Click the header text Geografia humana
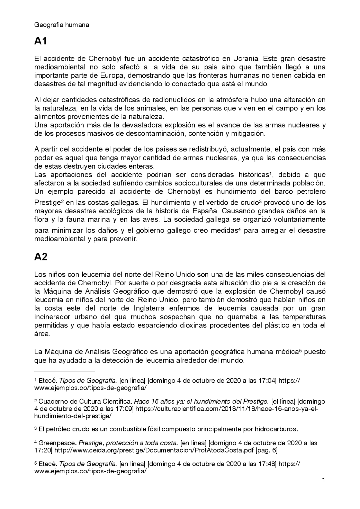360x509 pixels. click(62, 25)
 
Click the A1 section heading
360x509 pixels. click(40, 41)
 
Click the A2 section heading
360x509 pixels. click(41, 257)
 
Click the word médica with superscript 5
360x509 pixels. click(289, 352)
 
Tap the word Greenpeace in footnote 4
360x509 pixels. click(57, 443)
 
